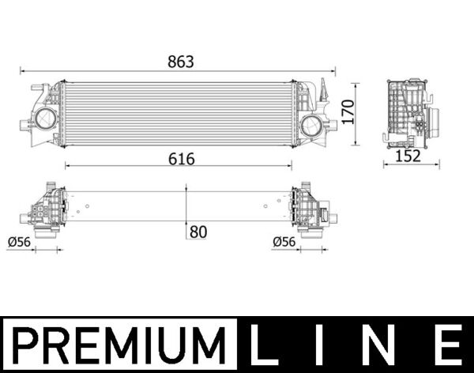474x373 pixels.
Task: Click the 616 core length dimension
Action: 180,158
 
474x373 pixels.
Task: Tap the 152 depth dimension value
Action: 408,156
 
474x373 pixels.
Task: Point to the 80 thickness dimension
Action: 198,232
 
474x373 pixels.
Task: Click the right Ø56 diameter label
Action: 284,242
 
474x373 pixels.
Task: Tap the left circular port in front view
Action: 43,122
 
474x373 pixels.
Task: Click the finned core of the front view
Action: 178,113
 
